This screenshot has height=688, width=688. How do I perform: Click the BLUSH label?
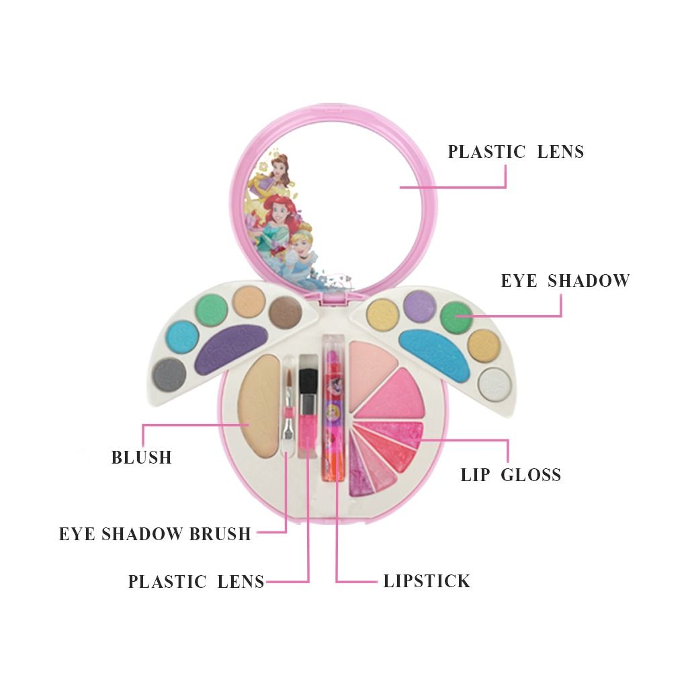(142, 458)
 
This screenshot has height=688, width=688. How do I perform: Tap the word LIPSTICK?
(427, 581)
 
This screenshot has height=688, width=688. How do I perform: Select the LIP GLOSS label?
(511, 475)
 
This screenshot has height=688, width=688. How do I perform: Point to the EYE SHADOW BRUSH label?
(155, 534)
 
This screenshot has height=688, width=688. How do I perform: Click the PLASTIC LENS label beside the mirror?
(516, 152)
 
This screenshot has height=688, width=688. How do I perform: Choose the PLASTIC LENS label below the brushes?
(196, 582)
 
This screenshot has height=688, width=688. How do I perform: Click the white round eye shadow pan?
(494, 384)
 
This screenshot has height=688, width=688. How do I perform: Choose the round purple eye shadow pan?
(420, 306)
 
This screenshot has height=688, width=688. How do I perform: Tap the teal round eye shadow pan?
(182, 336)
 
